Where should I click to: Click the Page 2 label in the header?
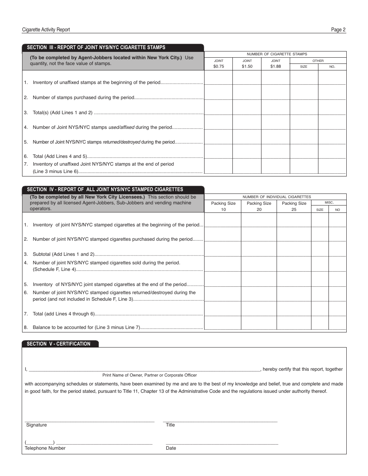(338, 30)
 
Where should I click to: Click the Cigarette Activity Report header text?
(46, 30)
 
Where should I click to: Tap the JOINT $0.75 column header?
(218, 64)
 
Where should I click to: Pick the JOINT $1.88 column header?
(275, 64)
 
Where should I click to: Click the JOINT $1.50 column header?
(247, 64)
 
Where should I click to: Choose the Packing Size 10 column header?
(223, 206)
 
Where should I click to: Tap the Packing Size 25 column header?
(294, 206)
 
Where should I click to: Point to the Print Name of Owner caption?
(150, 375)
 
